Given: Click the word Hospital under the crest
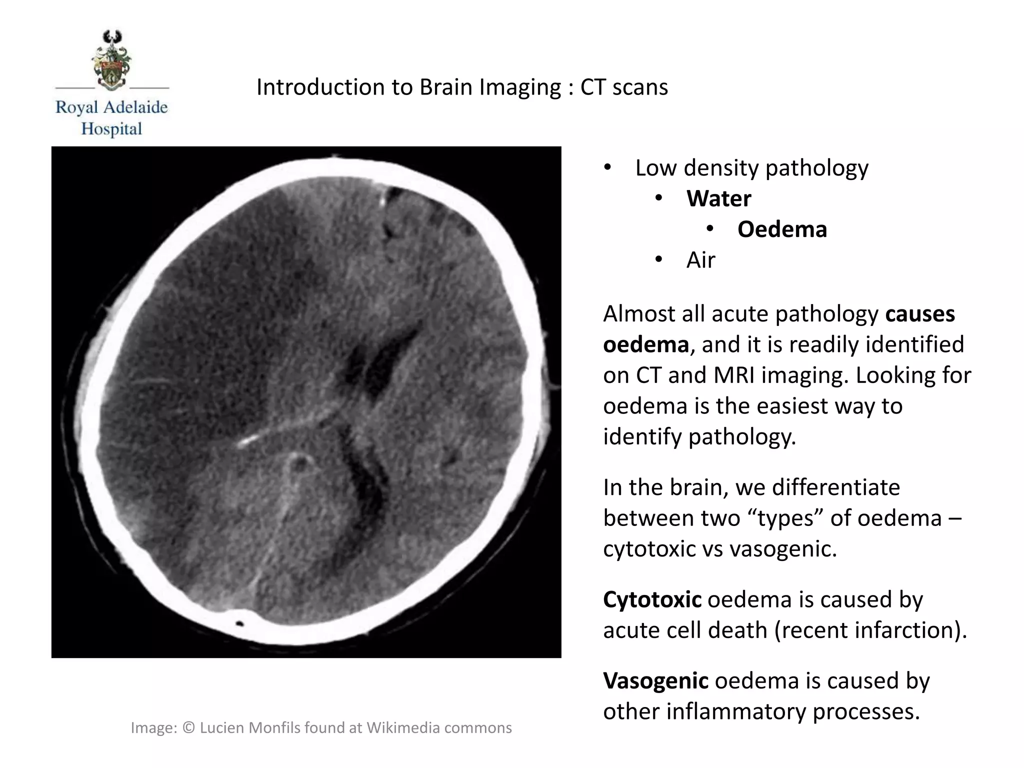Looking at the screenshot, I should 111,129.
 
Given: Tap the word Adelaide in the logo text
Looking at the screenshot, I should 134,107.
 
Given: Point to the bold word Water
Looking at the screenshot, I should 718,199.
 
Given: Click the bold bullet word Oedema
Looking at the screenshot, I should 782,229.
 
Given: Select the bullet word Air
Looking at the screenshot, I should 700,260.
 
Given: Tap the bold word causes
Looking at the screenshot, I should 920,314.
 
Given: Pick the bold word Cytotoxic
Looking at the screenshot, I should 652,599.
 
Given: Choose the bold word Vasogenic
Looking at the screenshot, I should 655,681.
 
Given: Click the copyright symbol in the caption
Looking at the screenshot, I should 188,728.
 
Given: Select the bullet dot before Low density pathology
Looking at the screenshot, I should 607,168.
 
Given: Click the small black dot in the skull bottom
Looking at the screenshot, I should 239,623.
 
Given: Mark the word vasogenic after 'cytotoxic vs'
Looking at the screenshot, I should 783,549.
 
